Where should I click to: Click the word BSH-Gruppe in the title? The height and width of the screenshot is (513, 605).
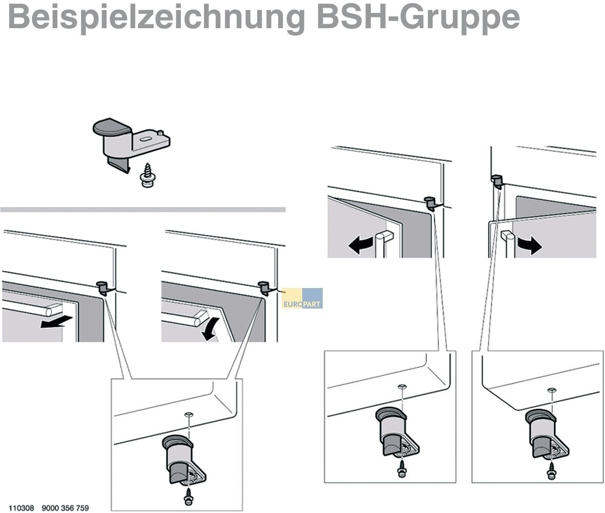[419, 17]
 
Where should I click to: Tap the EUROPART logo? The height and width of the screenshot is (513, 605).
[302, 298]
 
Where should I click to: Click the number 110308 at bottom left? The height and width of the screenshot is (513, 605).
[21, 508]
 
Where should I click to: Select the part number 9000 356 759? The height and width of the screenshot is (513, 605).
[65, 508]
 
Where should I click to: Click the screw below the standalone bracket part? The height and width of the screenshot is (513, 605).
[148, 176]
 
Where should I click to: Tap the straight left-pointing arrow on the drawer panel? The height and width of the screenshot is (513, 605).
[56, 321]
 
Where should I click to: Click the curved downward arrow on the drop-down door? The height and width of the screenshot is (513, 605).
[213, 329]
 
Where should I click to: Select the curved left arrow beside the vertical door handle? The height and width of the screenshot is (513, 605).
[361, 245]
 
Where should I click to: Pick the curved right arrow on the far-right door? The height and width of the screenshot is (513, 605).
[530, 245]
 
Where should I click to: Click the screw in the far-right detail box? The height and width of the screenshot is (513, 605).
[551, 470]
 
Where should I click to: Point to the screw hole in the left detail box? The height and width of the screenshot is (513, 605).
[189, 415]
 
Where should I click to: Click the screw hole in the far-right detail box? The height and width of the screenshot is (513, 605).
[552, 389]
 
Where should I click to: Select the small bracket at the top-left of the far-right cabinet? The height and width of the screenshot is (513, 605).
[497, 181]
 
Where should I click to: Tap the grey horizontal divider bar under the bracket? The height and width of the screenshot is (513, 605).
[143, 210]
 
